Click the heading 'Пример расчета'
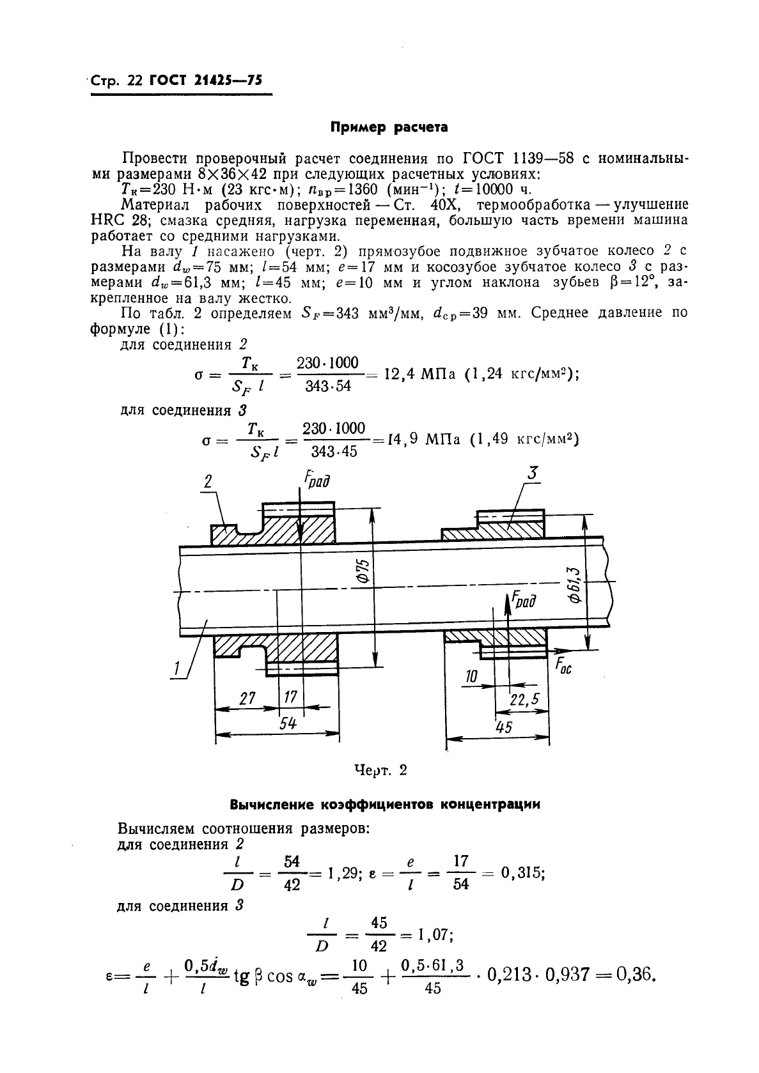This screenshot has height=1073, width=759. click(388, 127)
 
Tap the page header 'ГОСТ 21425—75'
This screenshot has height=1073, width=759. click(205, 81)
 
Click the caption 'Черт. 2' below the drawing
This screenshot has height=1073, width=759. click(380, 769)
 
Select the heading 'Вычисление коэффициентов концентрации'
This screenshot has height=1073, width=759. click(384, 805)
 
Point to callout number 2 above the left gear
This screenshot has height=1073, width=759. click(207, 482)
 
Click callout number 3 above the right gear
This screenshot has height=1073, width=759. click(532, 474)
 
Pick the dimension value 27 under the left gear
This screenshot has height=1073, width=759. click(247, 699)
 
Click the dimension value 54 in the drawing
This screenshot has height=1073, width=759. click(289, 724)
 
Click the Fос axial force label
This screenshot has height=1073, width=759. click(562, 667)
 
